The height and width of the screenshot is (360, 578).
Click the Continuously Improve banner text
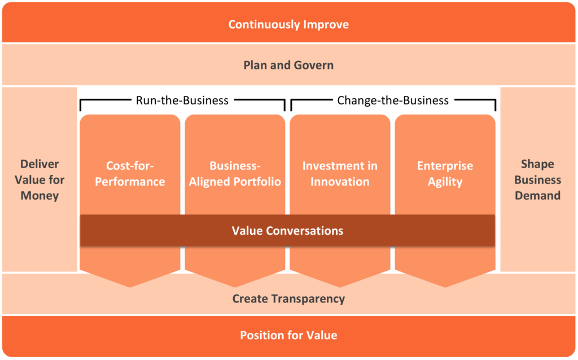pos(288,24)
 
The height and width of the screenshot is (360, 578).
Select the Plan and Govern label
pos(288,65)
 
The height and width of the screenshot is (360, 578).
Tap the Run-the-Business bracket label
pos(182,100)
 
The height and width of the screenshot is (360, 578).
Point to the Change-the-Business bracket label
pos(393,100)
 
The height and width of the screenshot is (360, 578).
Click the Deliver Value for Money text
pos(40,180)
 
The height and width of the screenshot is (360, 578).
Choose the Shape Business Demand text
pos(537,180)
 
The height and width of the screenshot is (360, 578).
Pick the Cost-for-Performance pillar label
pos(130,174)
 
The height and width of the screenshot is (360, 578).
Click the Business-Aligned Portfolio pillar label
pos(235,174)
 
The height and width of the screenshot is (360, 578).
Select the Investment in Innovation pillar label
pos(340,174)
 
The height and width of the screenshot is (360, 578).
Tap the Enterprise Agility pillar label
pos(445,174)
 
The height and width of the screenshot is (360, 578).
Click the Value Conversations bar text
pos(287,231)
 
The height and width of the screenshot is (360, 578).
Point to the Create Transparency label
pos(288,298)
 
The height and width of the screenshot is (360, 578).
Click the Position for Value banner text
pos(288,335)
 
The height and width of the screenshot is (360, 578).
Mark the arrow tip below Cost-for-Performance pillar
pos(130,286)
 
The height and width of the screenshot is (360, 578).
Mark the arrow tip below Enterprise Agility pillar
pos(445,286)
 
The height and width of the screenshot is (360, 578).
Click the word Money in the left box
pos(40,196)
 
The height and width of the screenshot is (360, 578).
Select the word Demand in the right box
pos(537,196)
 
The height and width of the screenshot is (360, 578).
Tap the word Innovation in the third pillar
pos(340,182)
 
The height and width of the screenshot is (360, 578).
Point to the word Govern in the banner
pos(313,65)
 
